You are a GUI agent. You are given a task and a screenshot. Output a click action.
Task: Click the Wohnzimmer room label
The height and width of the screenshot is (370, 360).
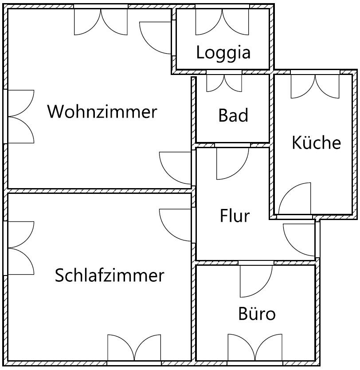pyautogui.click(x=102, y=111)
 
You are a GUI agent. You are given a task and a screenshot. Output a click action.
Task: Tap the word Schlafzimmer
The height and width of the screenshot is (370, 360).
pyautogui.click(x=110, y=276)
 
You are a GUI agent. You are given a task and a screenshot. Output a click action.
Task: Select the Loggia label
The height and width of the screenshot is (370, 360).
pyautogui.click(x=223, y=52)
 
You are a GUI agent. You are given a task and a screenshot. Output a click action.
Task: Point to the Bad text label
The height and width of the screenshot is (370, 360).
pyautogui.click(x=233, y=116)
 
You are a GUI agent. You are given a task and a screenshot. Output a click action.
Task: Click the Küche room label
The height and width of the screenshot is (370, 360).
pyautogui.click(x=317, y=143)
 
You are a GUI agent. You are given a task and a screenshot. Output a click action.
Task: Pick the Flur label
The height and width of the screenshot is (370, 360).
pyautogui.click(x=235, y=216)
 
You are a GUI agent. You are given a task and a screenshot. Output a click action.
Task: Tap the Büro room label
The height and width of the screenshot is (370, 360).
pyautogui.click(x=257, y=314)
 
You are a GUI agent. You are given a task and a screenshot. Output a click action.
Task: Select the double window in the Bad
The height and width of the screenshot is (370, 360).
pyautogui.click(x=224, y=83)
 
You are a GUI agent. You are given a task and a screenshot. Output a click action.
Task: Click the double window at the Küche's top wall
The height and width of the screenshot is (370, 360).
pyautogui.click(x=315, y=86)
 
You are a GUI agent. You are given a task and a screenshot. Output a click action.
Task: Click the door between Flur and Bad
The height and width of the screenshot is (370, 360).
pyautogui.click(x=232, y=162)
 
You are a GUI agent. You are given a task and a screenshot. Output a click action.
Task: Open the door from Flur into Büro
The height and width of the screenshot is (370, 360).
pyautogui.click(x=255, y=280)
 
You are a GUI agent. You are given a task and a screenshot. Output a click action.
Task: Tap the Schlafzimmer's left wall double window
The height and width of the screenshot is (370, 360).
pyautogui.click(x=20, y=248)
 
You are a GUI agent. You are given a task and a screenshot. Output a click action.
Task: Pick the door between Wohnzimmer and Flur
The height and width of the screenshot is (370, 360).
pyautogui.click(x=176, y=168)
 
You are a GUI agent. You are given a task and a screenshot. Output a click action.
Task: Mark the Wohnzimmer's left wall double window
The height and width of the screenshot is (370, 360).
pyautogui.click(x=20, y=117)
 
